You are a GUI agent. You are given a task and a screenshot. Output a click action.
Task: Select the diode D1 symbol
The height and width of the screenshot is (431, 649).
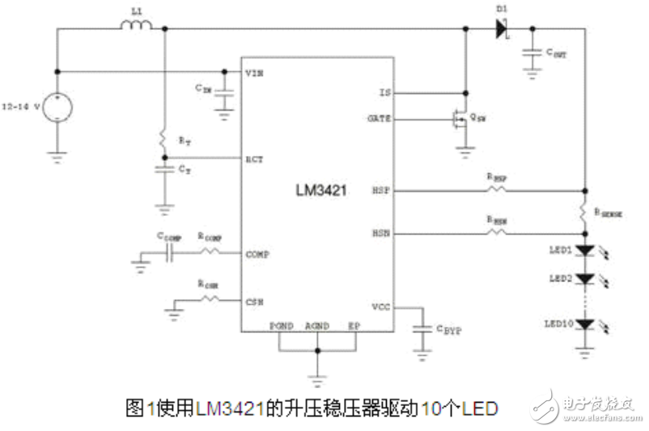pos(501,28)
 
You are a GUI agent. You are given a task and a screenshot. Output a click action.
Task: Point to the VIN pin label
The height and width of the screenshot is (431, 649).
pos(255,72)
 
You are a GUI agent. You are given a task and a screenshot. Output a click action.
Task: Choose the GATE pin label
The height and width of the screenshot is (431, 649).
pos(380,118)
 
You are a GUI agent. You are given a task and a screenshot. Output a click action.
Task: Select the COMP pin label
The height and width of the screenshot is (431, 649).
pos(257,254)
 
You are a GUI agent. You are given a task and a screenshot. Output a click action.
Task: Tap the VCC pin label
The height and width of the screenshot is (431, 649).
pos(381,307)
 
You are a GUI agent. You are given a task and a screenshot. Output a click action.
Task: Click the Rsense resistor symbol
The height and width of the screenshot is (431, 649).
pos(583,213)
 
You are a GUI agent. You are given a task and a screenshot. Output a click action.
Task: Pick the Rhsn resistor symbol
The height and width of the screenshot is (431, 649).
pos(496,234)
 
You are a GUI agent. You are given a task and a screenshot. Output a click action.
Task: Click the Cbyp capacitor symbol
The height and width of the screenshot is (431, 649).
pos(421,329)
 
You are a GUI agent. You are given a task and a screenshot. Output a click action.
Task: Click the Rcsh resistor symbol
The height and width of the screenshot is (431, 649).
pos(210,299)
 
